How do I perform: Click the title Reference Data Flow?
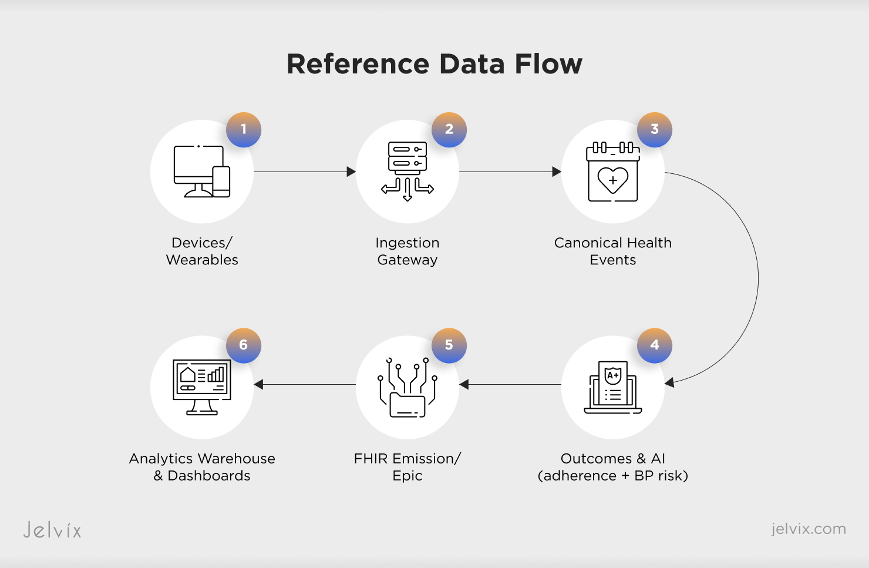[x=434, y=64]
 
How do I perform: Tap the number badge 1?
[x=244, y=130]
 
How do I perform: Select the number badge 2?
[x=449, y=130]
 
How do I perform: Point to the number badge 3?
[x=655, y=130]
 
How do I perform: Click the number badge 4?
[x=655, y=345]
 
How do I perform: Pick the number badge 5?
[x=449, y=345]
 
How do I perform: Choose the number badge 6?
[x=244, y=345]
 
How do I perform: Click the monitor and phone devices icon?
[x=202, y=172]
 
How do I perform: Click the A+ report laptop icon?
[x=613, y=388]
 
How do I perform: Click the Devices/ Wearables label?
[x=202, y=251]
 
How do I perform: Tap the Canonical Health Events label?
[x=613, y=251]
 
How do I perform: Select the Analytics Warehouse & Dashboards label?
[x=202, y=467]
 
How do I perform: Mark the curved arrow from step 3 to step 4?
[x=757, y=276]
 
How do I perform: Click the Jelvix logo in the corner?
[x=52, y=530]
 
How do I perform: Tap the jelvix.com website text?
[x=809, y=529]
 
